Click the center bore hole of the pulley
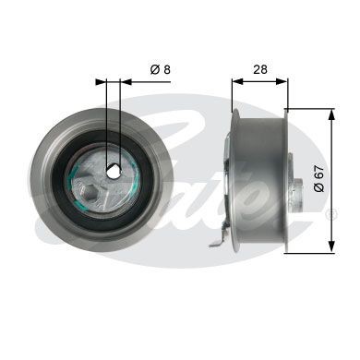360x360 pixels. point(113,171)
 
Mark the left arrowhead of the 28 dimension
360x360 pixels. point(234,80)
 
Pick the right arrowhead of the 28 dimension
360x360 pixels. point(285,80)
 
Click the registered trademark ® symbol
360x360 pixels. point(332,213)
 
